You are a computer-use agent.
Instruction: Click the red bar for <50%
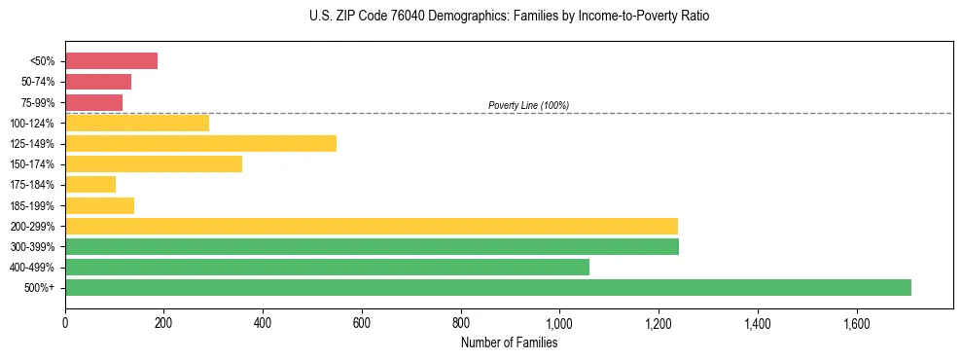[x=111, y=61]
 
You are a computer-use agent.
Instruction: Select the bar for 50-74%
[x=98, y=82]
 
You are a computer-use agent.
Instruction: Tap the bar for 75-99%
[x=93, y=102]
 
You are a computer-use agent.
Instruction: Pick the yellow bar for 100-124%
[x=137, y=123]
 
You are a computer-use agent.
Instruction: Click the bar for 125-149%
[x=200, y=143]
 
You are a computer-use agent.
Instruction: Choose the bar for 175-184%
[x=90, y=184]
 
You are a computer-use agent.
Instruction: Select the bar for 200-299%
[x=371, y=226]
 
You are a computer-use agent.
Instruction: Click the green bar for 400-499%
[x=327, y=267]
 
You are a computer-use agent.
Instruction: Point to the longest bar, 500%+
[x=487, y=287]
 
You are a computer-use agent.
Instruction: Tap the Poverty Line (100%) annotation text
[x=528, y=105]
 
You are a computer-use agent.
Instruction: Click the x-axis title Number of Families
[x=509, y=342]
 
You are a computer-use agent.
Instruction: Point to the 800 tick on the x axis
[x=460, y=323]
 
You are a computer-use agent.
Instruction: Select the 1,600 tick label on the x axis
[x=856, y=323]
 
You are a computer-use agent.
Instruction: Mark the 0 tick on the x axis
[x=65, y=323]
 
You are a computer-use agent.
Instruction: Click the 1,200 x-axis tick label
[x=658, y=323]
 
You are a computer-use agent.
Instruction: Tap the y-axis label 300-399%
[x=32, y=247]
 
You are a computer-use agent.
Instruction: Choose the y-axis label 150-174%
[x=32, y=164]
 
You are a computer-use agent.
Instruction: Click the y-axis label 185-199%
[x=32, y=205]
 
